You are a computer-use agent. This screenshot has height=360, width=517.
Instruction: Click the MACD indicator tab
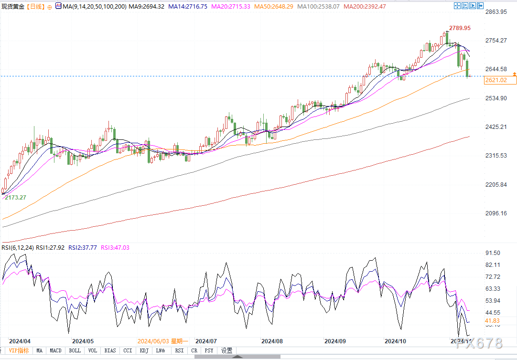pyautogui.click(x=56, y=350)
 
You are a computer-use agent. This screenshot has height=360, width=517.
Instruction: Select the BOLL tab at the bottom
pyautogui.click(x=75, y=350)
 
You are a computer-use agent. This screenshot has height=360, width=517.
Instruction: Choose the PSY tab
pyautogui.click(x=209, y=350)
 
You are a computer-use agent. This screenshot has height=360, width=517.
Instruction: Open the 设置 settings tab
pyautogui.click(x=226, y=350)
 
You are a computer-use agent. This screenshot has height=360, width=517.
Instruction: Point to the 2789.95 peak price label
pyautogui.click(x=460, y=28)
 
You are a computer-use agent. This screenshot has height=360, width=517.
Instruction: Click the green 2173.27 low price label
pyautogui.click(x=16, y=197)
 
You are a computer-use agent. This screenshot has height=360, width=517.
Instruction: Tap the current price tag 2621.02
pyautogui.click(x=496, y=80)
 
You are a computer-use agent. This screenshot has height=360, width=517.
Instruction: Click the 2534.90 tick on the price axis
pyautogui.click(x=496, y=98)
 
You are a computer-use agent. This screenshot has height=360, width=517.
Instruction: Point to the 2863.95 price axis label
pyautogui.click(x=496, y=11)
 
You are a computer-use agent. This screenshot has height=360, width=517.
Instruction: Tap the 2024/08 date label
pyautogui.click(x=272, y=341)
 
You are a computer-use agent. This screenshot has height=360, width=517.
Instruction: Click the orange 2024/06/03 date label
pyautogui.click(x=152, y=341)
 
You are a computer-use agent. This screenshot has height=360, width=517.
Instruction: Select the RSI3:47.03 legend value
pyautogui.click(x=115, y=248)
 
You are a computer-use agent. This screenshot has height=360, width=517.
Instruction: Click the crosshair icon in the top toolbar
pyautogui.click(x=458, y=6)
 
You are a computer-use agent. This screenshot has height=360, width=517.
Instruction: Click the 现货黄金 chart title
pyautogui.click(x=13, y=7)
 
